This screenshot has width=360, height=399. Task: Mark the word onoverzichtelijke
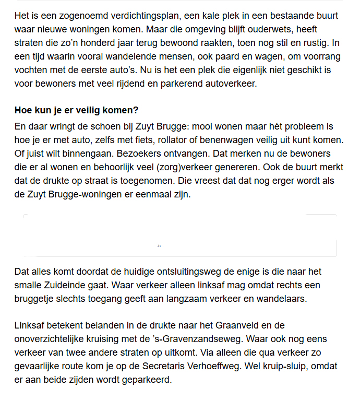click(x=51, y=339)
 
